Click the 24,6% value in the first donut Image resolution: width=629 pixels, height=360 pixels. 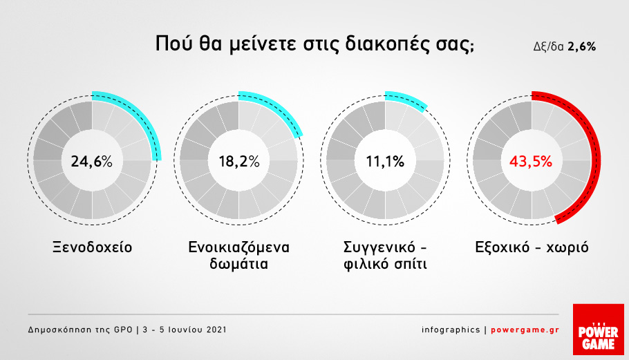tap(91, 161)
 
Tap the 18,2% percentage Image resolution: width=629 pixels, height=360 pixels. tap(238, 161)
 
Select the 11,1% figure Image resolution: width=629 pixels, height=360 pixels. tap(385, 161)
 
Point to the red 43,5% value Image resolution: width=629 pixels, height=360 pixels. tap(531, 161)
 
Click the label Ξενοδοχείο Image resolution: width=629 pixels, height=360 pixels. tap(92, 247)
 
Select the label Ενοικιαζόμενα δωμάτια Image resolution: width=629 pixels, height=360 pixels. tap(238, 256)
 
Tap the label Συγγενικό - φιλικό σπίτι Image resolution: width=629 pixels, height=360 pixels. tap(385, 256)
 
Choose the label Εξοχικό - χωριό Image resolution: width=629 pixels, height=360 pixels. tap(532, 247)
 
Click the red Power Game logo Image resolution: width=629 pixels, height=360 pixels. tap(598, 330)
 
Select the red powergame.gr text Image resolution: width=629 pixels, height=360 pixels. tap(525, 330)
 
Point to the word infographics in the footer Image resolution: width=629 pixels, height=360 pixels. tap(451, 330)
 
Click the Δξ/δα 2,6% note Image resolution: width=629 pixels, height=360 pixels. tap(565, 47)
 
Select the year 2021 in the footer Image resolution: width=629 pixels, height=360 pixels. tap(216, 330)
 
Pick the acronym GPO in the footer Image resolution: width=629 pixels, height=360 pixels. tap(123, 330)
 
